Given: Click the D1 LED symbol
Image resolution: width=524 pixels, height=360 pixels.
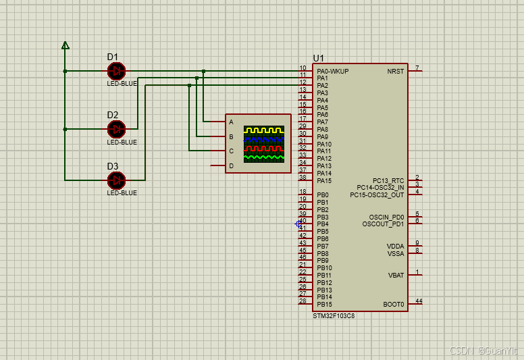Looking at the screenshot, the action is [x=116, y=71].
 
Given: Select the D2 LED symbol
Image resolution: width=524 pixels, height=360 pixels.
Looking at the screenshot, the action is [x=116, y=129].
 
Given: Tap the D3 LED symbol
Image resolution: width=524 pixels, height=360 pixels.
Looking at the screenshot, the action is [x=116, y=180].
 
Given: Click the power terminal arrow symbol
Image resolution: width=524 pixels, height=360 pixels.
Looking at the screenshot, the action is [x=65, y=45].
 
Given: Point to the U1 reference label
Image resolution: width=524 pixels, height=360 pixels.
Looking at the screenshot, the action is [x=319, y=59].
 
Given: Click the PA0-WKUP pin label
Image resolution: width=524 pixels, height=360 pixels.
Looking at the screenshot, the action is [x=333, y=71].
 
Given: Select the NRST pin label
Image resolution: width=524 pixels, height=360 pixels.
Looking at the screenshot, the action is [x=396, y=71].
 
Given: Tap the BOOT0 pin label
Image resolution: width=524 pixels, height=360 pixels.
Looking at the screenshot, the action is [x=394, y=304].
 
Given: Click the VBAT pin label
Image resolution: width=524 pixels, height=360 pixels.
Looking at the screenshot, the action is [x=396, y=276].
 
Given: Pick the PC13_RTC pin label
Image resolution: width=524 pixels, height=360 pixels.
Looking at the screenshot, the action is [x=388, y=180].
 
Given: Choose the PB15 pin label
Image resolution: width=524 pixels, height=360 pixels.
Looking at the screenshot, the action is [x=325, y=304].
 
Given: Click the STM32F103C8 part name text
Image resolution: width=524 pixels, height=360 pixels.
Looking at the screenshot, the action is [x=334, y=316].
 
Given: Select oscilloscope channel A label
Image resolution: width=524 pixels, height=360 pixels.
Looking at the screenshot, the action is [x=231, y=122].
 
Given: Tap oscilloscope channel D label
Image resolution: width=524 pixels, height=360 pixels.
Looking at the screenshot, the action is [x=231, y=165].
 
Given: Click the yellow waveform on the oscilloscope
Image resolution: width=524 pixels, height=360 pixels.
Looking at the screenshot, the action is [x=264, y=130].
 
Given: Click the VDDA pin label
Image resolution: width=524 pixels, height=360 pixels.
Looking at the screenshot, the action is [x=395, y=247].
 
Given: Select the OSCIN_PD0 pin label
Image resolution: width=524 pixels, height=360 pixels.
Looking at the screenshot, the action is [x=387, y=217].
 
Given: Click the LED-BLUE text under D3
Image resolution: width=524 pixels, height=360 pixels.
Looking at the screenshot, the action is [x=122, y=193].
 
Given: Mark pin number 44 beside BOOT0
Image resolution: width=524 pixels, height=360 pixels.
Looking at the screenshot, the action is [x=419, y=301].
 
